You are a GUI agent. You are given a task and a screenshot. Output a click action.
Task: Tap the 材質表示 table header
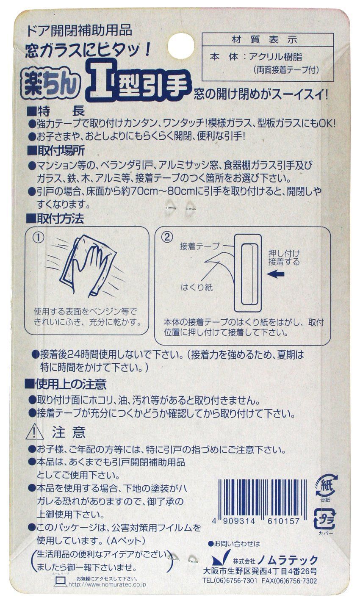click(265, 40)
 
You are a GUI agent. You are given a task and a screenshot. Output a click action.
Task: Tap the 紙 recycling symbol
click(324, 486)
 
